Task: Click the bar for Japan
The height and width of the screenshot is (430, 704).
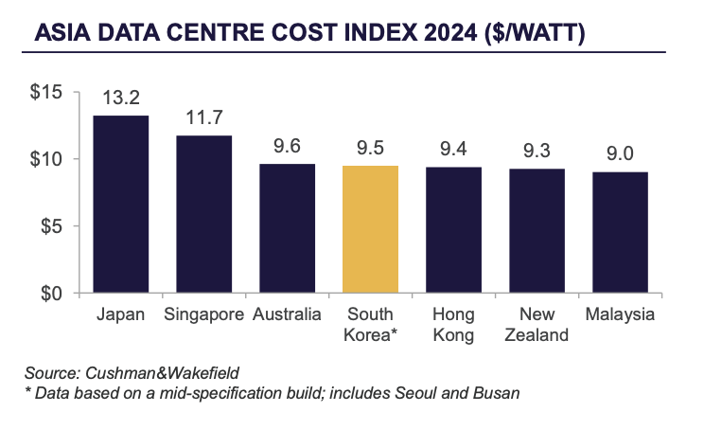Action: point(120,204)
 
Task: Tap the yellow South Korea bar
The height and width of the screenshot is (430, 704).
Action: point(370,229)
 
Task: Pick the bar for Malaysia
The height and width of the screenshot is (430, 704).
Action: point(620,232)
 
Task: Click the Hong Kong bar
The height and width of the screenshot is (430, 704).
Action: point(453,230)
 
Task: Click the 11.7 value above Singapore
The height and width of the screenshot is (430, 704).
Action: point(203,119)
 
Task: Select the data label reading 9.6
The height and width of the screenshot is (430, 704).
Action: point(287,148)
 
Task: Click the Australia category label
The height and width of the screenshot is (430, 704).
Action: point(287,314)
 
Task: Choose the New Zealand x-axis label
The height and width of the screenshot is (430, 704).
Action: point(537,324)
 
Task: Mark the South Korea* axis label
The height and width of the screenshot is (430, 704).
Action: point(370,324)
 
